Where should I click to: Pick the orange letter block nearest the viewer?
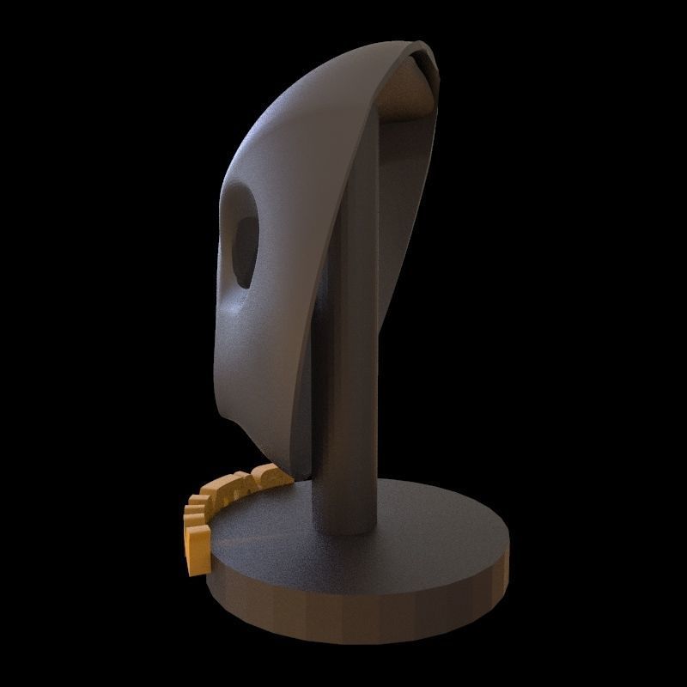pyautogui.click(x=198, y=550)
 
